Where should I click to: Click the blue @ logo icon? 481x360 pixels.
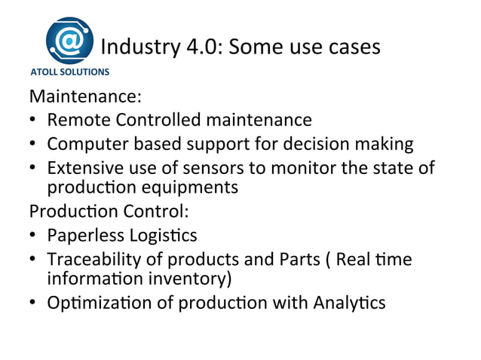tap(70, 41)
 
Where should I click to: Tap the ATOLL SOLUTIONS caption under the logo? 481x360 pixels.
tap(69, 73)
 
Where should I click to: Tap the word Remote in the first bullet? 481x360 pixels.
tap(75, 120)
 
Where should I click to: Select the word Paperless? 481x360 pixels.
tap(84, 236)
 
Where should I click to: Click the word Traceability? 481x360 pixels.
tap(93, 259)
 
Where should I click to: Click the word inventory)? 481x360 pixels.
tap(196, 279)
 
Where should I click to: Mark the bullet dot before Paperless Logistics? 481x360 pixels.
tap(35, 236)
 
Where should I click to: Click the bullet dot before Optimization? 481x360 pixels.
tap(35, 304)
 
